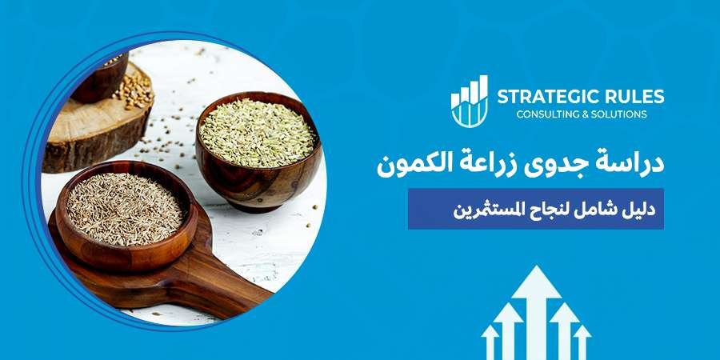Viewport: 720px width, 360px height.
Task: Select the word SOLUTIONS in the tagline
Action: pos(619,114)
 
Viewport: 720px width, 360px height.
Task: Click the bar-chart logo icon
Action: pos(470,102)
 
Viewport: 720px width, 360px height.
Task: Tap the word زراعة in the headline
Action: pos(483,163)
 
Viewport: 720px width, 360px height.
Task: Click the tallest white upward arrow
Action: pos(537,304)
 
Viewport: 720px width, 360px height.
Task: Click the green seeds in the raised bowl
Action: pos(256,133)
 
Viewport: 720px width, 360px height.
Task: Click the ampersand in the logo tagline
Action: pos(587,114)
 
